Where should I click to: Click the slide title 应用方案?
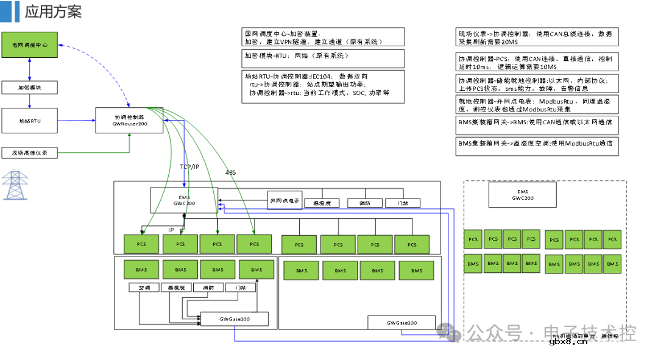coord(53,12)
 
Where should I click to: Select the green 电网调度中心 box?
coord(29,45)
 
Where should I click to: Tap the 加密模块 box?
coord(29,88)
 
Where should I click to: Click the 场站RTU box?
coord(29,121)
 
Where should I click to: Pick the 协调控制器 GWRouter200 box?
coord(129,119)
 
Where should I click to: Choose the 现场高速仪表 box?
coord(29,153)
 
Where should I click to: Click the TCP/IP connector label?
coord(189,166)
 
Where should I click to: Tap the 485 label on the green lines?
coord(230,173)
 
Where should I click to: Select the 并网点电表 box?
coord(285,200)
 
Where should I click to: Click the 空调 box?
coord(144,288)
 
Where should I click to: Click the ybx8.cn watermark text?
coord(568,342)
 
